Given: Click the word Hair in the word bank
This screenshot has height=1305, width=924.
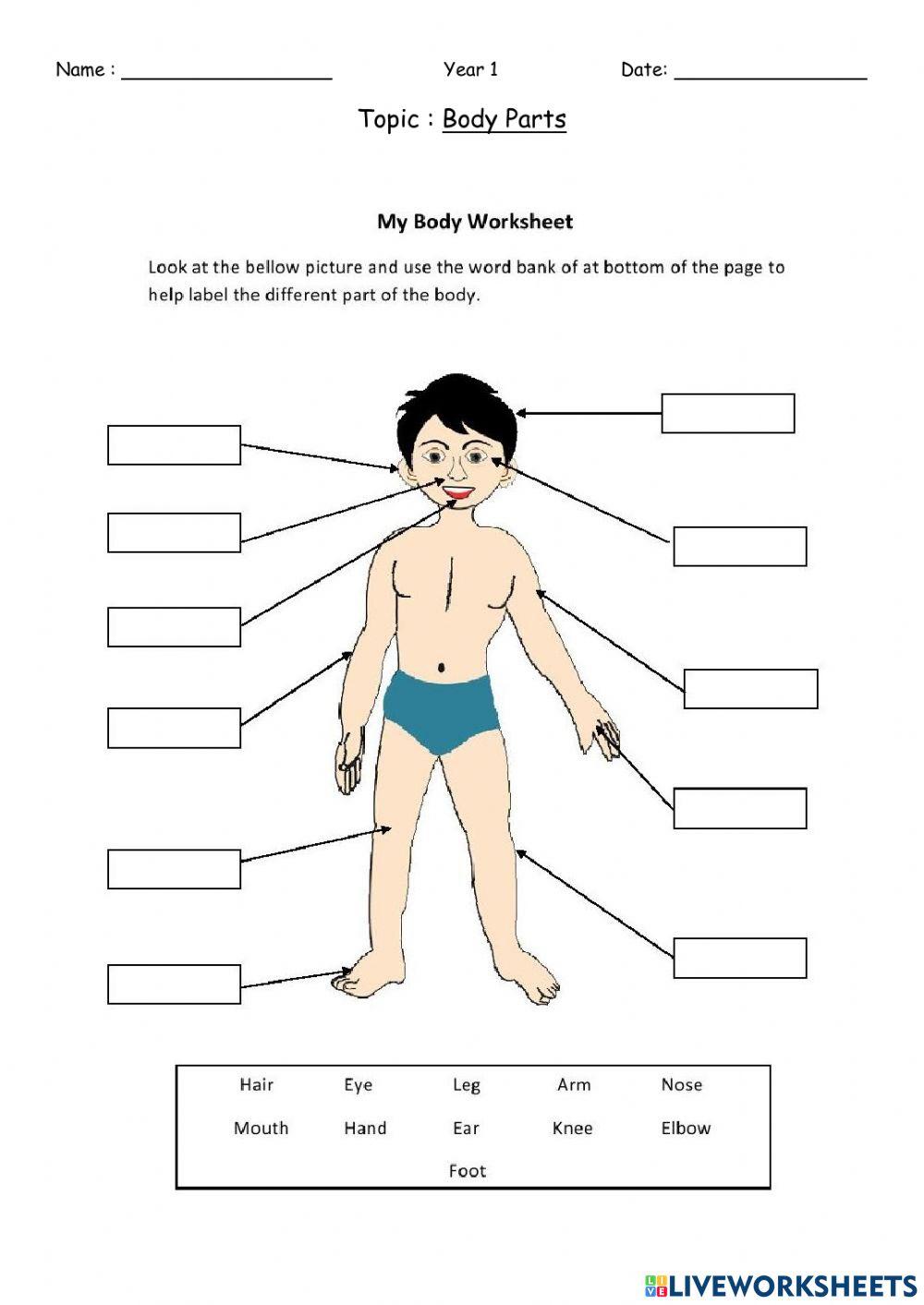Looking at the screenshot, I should (256, 1084).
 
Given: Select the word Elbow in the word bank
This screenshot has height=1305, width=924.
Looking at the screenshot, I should (686, 1128).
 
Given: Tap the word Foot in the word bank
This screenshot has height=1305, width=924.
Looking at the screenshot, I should (467, 1171).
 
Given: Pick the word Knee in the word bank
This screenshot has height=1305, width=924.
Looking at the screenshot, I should (572, 1128).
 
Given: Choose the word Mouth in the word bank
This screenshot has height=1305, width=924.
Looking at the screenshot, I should (261, 1128).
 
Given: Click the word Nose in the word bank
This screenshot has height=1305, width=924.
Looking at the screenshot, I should (681, 1084).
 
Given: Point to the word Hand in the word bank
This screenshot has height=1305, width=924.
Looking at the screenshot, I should (365, 1128).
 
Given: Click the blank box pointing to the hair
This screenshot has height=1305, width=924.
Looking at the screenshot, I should (727, 413).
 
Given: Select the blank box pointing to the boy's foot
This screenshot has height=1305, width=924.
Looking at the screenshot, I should (174, 984).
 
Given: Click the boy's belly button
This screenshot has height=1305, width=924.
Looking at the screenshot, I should (443, 666).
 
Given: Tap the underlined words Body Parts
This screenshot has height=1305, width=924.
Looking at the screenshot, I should (504, 119).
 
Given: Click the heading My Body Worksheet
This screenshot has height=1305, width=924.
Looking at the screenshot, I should (474, 222).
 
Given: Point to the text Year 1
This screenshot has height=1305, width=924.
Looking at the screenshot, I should (470, 69).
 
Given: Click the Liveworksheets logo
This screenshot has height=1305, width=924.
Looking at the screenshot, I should (780, 1285).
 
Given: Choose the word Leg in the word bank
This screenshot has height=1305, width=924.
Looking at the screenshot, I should (467, 1085).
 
